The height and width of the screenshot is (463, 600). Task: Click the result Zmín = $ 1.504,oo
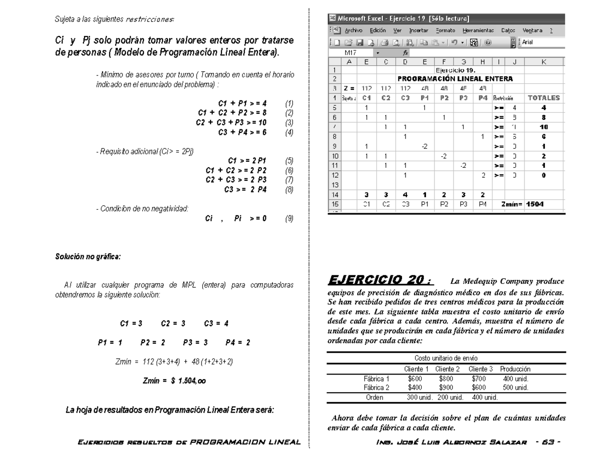click(173, 380)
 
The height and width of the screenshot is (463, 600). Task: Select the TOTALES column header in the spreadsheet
click(543, 98)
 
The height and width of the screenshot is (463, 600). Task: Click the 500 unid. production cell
click(515, 387)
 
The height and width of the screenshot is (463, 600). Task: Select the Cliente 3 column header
click(480, 369)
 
